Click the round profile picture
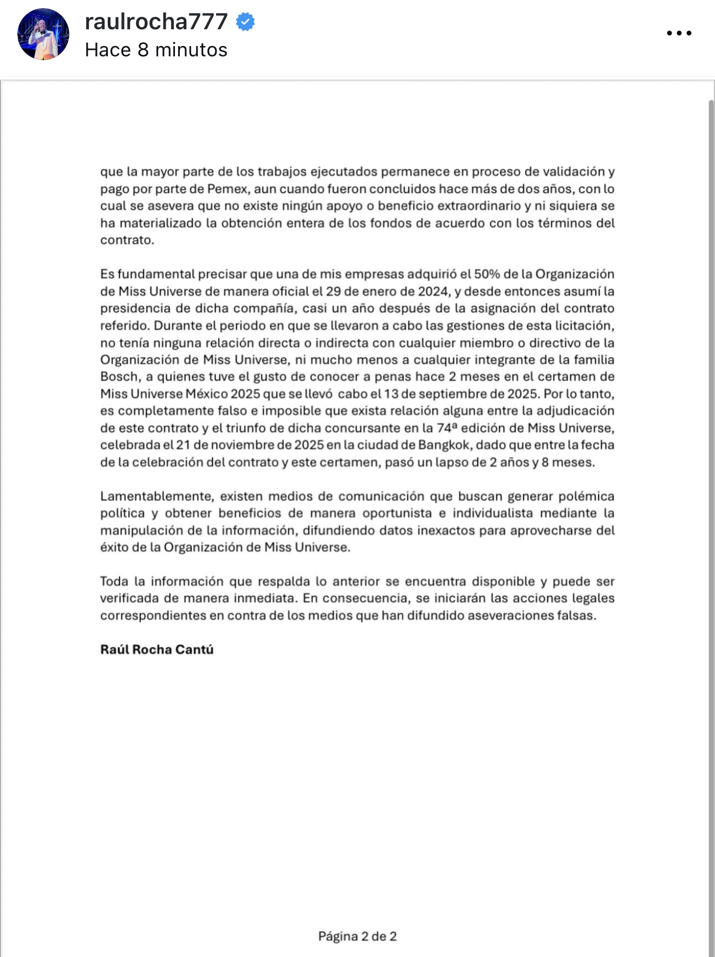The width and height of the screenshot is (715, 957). tap(43, 34)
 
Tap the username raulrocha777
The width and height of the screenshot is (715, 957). tap(156, 22)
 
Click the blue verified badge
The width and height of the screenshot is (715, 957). tap(246, 22)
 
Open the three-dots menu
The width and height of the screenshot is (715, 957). tap(679, 33)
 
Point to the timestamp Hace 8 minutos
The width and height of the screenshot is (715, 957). tap(156, 50)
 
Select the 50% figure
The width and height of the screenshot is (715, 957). tap(486, 274)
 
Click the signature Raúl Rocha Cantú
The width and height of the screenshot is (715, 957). tap(157, 649)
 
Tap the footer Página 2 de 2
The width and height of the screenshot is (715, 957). tap(357, 936)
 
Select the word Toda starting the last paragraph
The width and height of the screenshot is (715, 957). tap(114, 581)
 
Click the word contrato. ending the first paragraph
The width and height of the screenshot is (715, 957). tap(127, 240)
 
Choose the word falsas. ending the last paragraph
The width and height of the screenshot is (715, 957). tap(576, 616)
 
